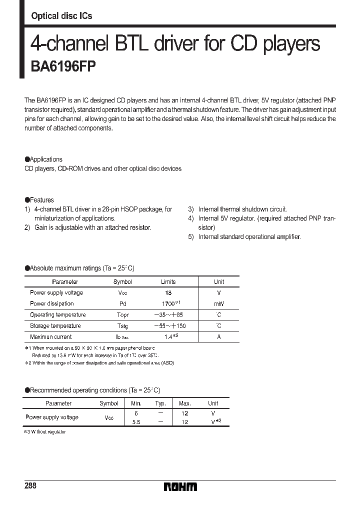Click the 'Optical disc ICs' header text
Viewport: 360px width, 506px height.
point(61,16)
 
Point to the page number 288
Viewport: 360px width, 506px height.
point(30,486)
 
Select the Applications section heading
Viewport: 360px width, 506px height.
point(44,159)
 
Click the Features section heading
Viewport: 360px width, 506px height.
point(39,199)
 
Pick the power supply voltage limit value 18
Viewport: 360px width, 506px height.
point(168,293)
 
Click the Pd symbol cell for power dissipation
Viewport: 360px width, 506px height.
point(122,304)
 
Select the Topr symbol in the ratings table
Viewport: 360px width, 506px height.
point(122,315)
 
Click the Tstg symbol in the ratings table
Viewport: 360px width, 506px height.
point(122,326)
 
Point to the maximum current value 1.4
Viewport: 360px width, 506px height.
point(169,337)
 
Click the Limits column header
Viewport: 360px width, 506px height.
point(168,282)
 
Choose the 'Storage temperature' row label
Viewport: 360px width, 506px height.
point(55,326)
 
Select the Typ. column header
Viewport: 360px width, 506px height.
point(160,403)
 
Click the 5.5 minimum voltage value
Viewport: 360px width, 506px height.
point(136,421)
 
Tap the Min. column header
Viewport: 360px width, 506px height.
point(136,403)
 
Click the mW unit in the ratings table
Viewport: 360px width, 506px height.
point(219,304)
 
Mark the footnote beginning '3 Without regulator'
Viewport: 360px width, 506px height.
point(46,431)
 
